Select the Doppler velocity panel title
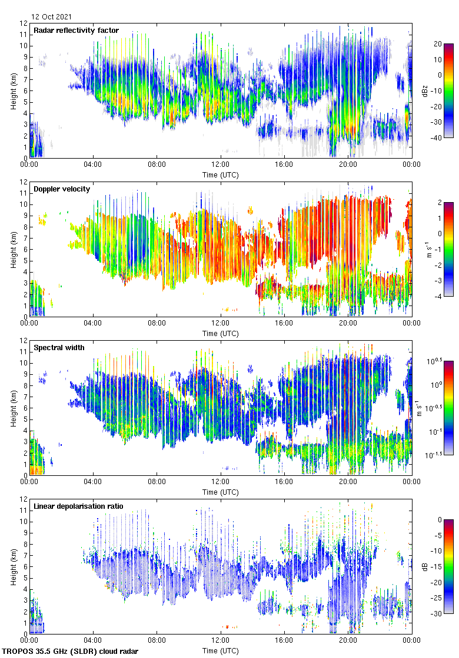click(x=62, y=189)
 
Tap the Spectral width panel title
click(x=59, y=348)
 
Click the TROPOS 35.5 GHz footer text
click(x=71, y=652)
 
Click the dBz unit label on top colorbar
click(x=425, y=90)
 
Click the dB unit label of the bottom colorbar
click(x=425, y=566)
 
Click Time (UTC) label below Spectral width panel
click(x=221, y=492)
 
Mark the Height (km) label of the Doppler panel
click(x=13, y=249)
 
